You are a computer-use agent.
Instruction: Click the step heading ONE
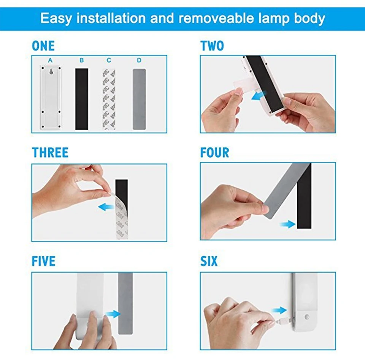pos(43,46)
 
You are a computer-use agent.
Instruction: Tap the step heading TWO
pos(212,46)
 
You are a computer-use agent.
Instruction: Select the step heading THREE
pos(50,153)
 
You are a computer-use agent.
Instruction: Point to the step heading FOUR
pos(215,153)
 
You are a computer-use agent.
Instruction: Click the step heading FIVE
pos(43,261)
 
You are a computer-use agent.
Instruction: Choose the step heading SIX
pos(209,261)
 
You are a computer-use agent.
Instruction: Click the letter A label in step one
pos(50,60)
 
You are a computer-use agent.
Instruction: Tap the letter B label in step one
pos(82,60)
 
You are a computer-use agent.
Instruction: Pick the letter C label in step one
pos(109,60)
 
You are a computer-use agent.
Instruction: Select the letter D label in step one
pos(139,60)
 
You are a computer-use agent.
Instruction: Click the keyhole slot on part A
pos(51,72)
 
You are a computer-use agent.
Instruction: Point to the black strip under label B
pos(82,99)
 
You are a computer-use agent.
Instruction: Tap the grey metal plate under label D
pos(139,99)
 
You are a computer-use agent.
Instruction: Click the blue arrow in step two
pos(259,96)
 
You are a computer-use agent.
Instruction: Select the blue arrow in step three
pos(106,207)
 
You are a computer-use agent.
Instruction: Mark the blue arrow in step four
pos(287,224)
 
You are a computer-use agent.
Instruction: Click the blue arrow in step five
pos(113,314)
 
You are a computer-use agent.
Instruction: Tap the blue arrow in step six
pos(279,310)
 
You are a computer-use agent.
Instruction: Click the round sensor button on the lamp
pos(307,317)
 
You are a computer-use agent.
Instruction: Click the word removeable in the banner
pos(216,18)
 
